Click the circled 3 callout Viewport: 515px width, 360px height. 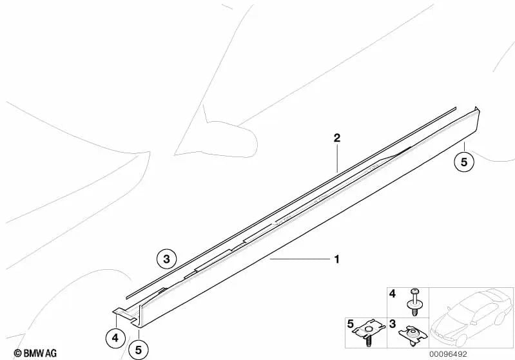click(166, 260)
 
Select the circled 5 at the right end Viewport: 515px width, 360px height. click(463, 161)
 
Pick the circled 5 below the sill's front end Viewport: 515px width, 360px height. click(138, 350)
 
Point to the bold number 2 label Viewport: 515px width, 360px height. click(336, 138)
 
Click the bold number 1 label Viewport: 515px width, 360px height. click(336, 260)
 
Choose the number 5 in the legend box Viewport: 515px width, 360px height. click(351, 323)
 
